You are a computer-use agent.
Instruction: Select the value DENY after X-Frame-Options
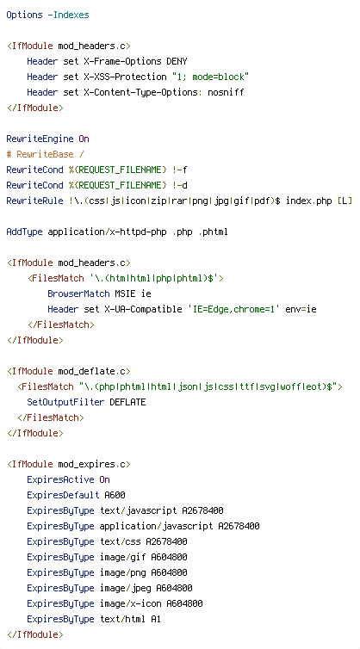click(x=177, y=62)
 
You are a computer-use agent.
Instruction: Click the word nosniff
click(x=227, y=92)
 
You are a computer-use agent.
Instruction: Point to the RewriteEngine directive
click(x=40, y=139)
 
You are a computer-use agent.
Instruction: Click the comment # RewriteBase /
click(x=45, y=154)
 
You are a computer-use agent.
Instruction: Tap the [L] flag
click(x=345, y=201)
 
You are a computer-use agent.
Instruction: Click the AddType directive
click(x=24, y=232)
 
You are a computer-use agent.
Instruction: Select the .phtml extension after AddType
click(x=214, y=232)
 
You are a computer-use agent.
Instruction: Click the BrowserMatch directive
click(x=78, y=294)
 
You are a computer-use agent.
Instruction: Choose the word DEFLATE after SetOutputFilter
click(x=127, y=402)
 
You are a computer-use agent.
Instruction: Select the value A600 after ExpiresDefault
click(x=115, y=496)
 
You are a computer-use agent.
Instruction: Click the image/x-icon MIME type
click(x=131, y=604)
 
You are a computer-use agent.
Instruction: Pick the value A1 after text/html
click(x=156, y=620)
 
